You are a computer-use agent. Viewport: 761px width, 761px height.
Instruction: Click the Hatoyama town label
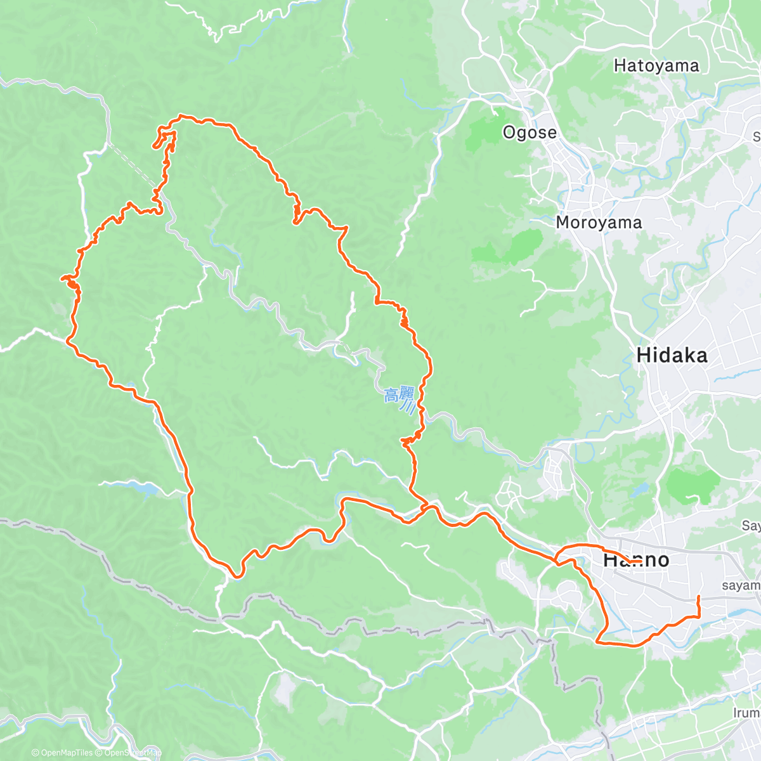(x=656, y=66)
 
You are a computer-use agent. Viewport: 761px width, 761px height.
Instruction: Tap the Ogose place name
(x=530, y=133)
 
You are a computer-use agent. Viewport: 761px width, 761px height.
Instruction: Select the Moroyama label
(x=599, y=223)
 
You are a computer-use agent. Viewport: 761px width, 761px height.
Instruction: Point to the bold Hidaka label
(x=672, y=355)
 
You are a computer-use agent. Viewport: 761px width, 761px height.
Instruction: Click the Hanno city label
(x=635, y=559)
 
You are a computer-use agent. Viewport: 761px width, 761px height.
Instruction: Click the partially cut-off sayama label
(x=741, y=585)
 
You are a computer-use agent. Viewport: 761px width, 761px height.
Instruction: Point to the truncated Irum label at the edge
(x=746, y=713)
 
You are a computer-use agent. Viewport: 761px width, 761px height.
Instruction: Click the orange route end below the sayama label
(x=698, y=597)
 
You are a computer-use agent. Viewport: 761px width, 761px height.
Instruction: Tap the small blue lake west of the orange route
(x=143, y=489)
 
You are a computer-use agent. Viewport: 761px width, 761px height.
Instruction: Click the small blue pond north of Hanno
(x=639, y=490)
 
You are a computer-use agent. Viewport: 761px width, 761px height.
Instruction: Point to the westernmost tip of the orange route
(x=62, y=278)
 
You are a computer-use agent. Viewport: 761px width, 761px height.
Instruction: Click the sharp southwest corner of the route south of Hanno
(x=598, y=642)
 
